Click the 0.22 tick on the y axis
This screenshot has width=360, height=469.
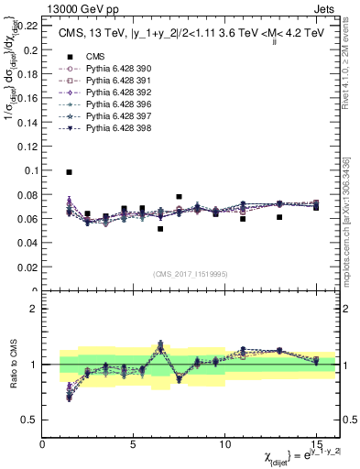[x=29, y=25]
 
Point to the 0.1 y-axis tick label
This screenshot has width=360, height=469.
[x=32, y=170]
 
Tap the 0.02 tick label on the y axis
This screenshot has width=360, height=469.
[x=29, y=267]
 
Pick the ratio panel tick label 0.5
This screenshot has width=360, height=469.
[x=31, y=420]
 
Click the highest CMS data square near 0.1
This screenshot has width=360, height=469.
[x=70, y=171]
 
